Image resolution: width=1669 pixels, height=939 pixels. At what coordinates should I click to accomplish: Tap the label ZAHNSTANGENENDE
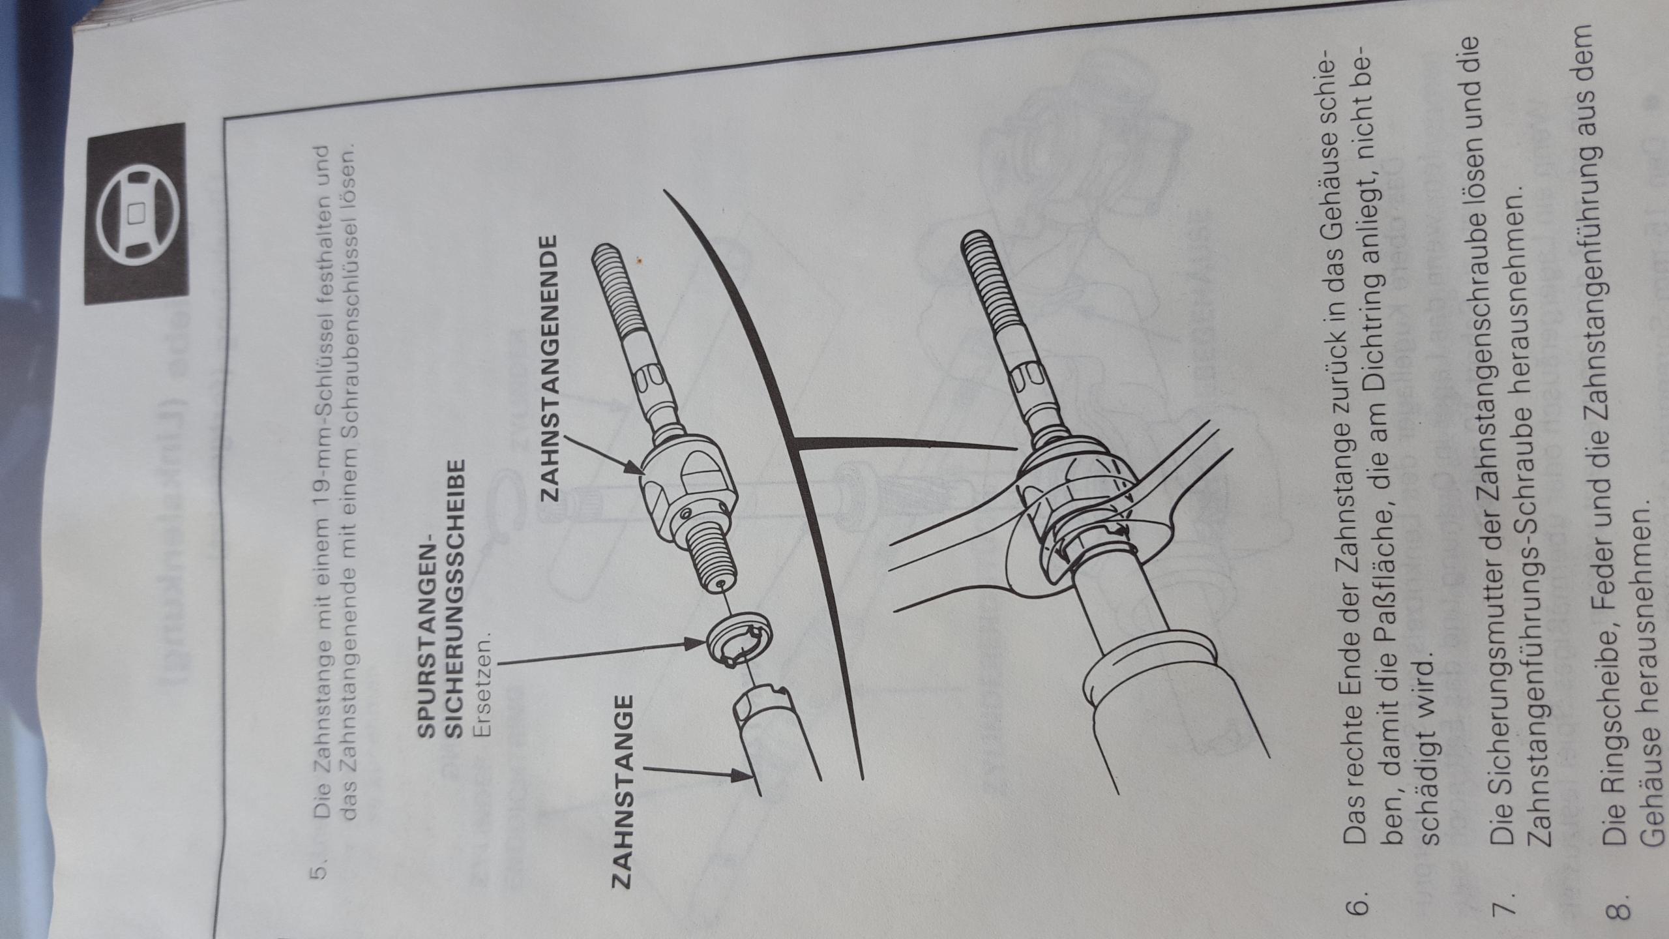click(x=549, y=368)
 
